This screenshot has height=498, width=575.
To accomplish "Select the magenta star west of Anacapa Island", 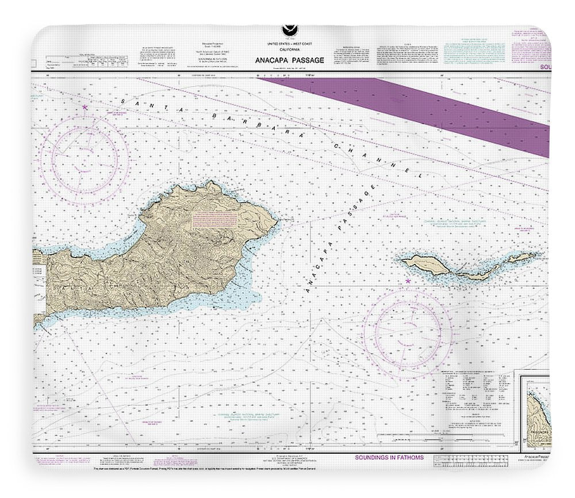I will tap(408, 281).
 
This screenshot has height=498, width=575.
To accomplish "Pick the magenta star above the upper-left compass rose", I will tap(85, 107).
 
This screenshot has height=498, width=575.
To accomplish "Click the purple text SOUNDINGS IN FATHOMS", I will tap(390, 457).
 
